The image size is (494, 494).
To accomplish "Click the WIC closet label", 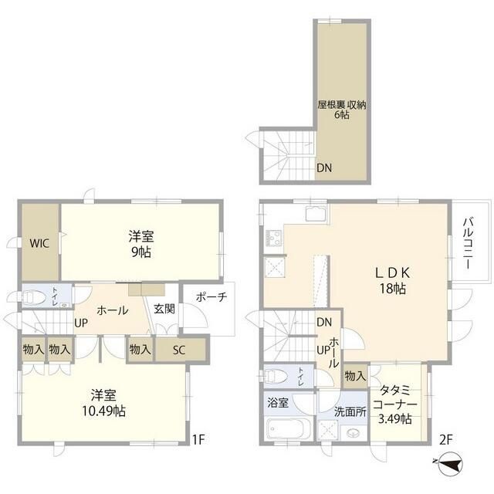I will (39, 243).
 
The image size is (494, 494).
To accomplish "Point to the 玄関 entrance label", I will (164, 309).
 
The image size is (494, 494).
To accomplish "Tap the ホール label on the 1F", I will (112, 311).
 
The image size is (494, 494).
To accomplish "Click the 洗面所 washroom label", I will (350, 411).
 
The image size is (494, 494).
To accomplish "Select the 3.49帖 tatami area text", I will (395, 419).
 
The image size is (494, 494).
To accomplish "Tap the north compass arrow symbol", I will (450, 465).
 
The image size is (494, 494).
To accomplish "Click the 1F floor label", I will (199, 440).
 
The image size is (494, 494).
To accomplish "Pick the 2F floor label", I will (445, 440).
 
